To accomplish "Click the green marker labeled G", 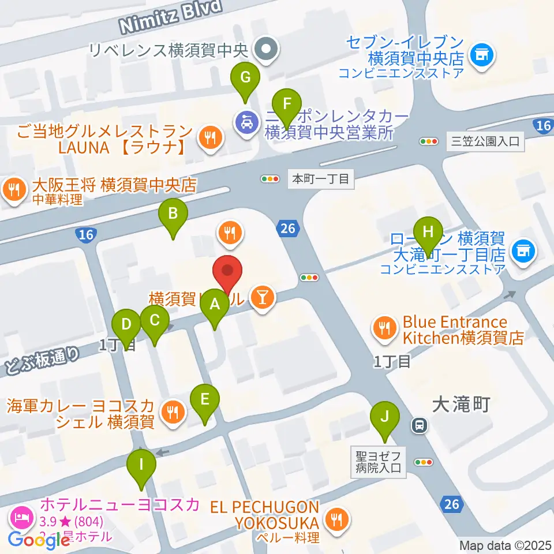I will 245,77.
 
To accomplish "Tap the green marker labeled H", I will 428,232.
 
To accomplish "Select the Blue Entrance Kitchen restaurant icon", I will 384,329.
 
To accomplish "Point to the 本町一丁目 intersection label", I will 320,179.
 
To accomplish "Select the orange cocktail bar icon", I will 263,297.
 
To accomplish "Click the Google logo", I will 39,540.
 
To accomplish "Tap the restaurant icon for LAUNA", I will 208,137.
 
